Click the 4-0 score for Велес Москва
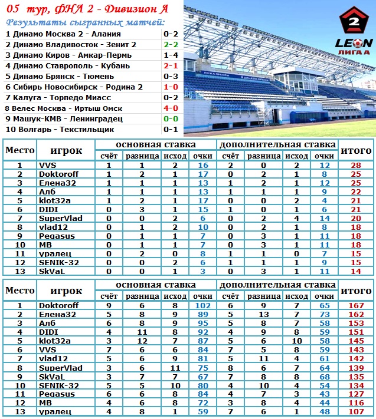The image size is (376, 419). (x=171, y=108)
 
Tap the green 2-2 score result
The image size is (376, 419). (x=171, y=44)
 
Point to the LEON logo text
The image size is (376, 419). (x=354, y=42)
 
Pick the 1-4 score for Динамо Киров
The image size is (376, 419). (x=171, y=55)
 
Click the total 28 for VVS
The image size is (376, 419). (x=356, y=166)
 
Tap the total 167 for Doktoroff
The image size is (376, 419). (x=356, y=306)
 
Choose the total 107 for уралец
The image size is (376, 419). (x=356, y=411)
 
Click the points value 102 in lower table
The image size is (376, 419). (x=203, y=306)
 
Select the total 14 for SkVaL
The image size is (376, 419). (x=356, y=270)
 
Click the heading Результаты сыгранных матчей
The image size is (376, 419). (x=85, y=22)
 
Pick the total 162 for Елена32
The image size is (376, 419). (x=356, y=315)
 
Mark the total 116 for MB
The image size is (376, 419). (x=356, y=402)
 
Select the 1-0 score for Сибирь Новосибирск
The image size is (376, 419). (x=171, y=87)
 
